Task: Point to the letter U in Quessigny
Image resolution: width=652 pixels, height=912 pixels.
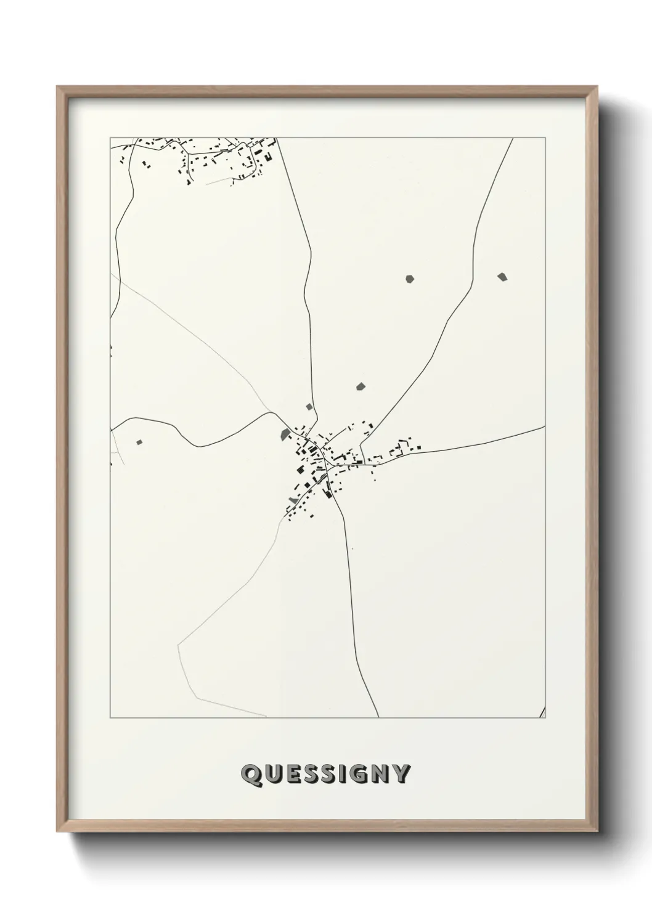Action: (x=270, y=775)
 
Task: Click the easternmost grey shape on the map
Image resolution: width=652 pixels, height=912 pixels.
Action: (x=502, y=277)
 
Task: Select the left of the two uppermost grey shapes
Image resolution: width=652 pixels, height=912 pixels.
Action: (x=410, y=279)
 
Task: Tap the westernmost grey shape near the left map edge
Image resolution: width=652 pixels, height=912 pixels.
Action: (x=139, y=441)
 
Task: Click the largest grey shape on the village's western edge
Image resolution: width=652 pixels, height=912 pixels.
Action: (x=285, y=434)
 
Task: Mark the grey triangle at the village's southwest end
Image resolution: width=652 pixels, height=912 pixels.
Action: (x=292, y=499)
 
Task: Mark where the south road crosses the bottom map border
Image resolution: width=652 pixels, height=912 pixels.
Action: (x=378, y=717)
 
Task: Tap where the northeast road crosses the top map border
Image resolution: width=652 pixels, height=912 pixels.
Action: (x=513, y=138)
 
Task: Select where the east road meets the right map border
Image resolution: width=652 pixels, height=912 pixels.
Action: (x=544, y=426)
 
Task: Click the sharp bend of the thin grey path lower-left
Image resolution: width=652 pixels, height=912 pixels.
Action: (x=177, y=645)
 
